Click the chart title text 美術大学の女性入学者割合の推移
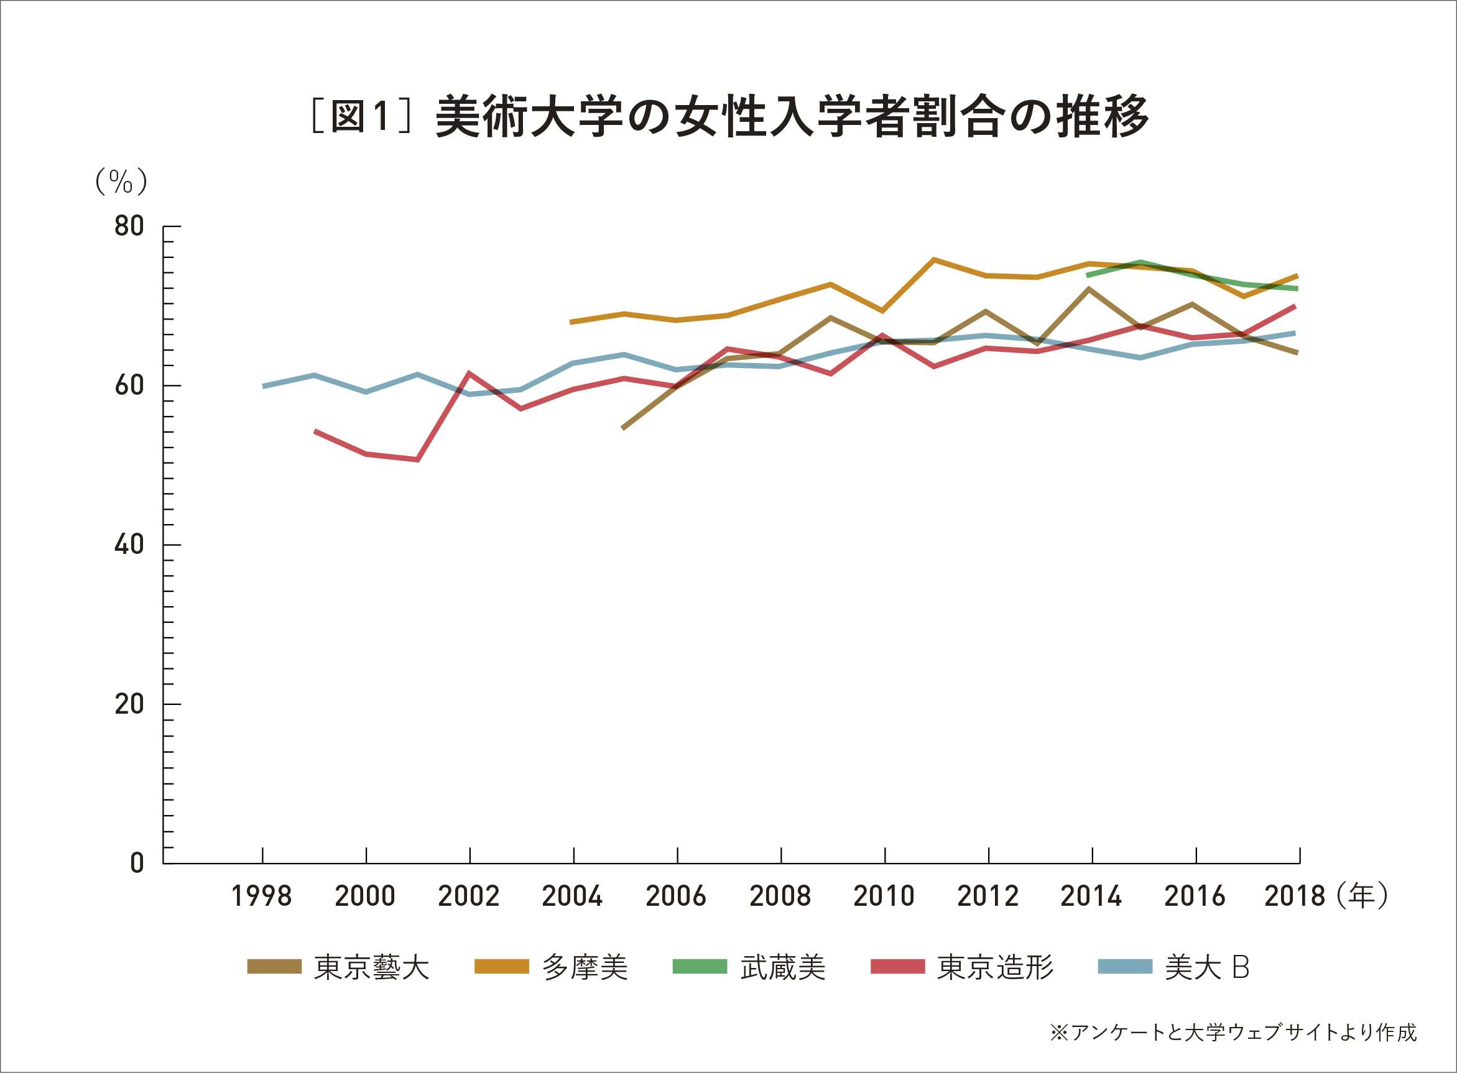[792, 117]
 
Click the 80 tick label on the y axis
[129, 226]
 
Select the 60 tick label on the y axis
[129, 385]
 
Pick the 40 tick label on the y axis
[129, 545]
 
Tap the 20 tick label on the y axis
[129, 704]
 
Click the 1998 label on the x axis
[262, 896]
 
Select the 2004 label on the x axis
[572, 896]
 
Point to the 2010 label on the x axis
[884, 896]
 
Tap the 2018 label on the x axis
[1295, 896]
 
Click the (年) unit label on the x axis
[1362, 895]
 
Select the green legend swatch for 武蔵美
[699, 967]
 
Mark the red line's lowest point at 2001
[418, 459]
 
